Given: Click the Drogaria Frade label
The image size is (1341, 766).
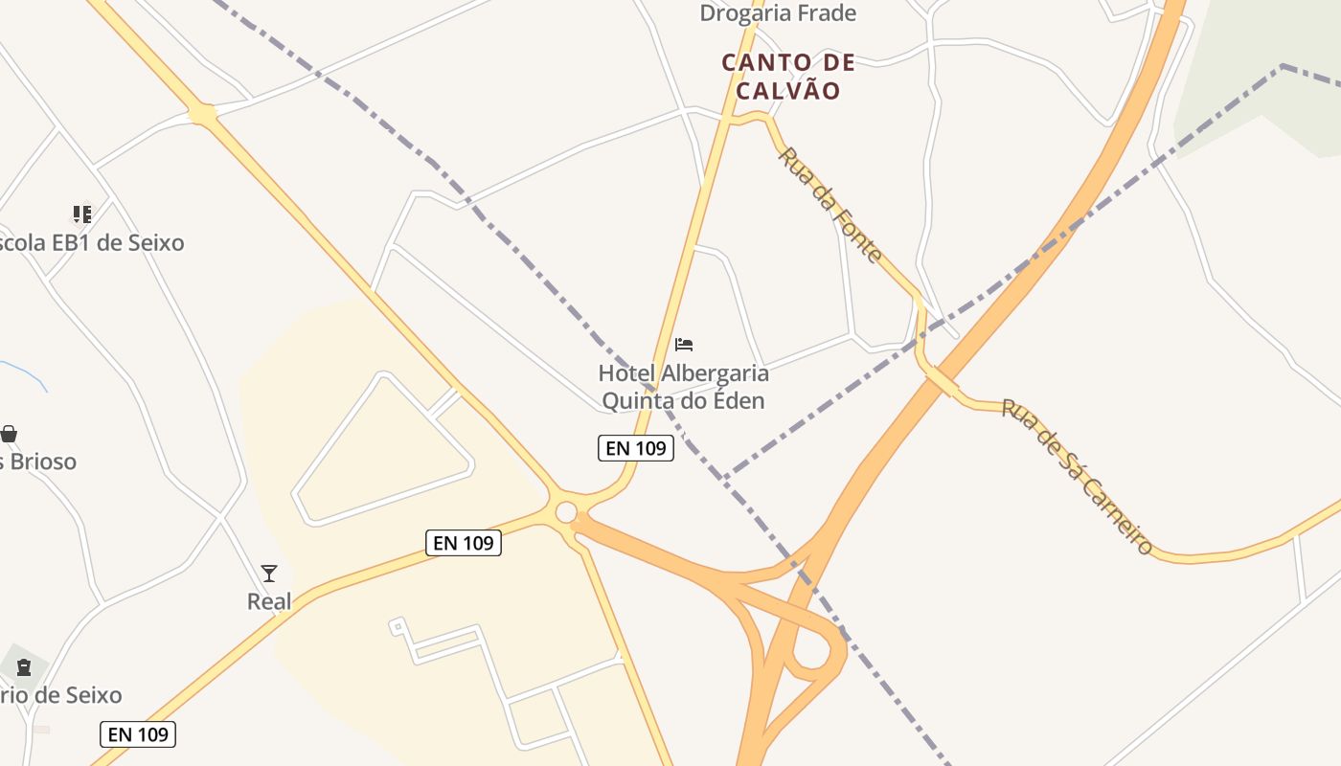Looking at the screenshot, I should [777, 13].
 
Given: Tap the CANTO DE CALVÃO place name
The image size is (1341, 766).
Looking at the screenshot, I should [787, 77].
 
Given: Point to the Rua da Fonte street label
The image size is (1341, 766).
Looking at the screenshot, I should [830, 204].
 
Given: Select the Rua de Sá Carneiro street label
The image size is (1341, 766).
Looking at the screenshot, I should [1077, 476].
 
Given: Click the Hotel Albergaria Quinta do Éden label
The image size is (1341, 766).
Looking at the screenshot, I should [683, 387].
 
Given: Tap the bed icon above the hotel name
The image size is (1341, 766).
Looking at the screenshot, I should [684, 344].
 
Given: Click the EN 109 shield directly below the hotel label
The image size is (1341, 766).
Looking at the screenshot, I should [635, 447].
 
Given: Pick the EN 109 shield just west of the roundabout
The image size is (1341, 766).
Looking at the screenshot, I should [463, 543].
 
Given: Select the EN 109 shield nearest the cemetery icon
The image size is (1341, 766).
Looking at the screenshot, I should [138, 734].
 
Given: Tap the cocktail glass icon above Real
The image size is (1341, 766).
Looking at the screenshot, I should [269, 574].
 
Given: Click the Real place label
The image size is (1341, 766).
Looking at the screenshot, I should [269, 601].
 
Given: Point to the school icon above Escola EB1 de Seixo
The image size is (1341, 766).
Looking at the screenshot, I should [82, 214].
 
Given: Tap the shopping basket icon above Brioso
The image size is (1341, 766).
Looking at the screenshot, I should [9, 434].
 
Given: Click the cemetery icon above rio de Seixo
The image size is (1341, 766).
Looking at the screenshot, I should [23, 666].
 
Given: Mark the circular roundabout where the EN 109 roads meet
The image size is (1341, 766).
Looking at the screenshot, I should [566, 512].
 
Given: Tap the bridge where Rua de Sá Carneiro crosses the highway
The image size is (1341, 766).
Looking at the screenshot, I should [942, 380].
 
